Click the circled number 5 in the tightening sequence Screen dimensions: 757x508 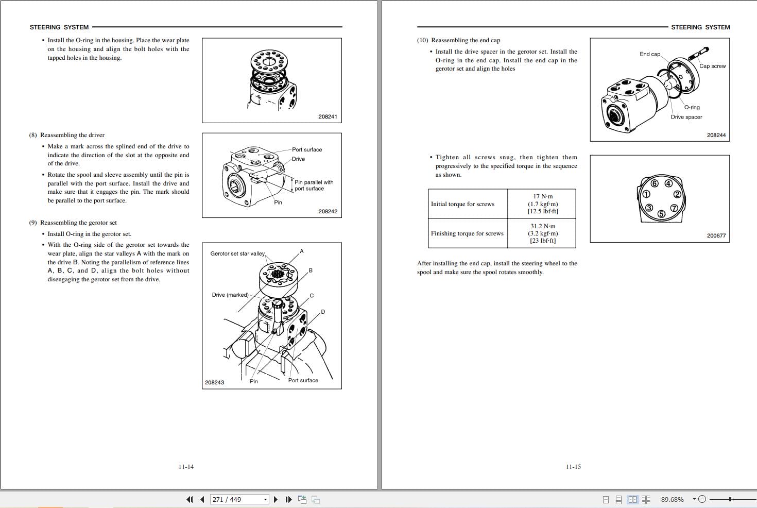coord(661,214)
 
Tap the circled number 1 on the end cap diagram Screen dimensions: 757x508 coord(646,194)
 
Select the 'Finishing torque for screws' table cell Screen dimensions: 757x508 coord(468,233)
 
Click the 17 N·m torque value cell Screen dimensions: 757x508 coord(542,204)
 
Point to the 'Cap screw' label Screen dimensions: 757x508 coord(712,66)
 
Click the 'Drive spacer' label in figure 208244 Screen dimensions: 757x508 coord(686,117)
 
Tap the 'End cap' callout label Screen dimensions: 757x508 coord(649,54)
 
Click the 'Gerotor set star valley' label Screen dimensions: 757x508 coord(237,253)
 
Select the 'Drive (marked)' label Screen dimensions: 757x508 coord(230,295)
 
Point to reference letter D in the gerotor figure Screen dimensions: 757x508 coord(323,312)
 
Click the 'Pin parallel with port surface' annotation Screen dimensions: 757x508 coord(314,185)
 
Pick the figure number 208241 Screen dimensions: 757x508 coord(328,116)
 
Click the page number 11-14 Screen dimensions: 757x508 coord(186,467)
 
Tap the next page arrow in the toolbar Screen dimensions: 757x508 coord(276,500)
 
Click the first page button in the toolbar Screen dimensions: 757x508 coord(190,500)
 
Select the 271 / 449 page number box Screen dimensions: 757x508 coord(239,500)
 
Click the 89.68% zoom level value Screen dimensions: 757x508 coord(672,500)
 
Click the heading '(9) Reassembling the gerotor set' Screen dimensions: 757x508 coord(73,223)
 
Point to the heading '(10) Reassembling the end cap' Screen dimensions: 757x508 coord(458,40)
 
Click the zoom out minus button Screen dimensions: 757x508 coord(702,499)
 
